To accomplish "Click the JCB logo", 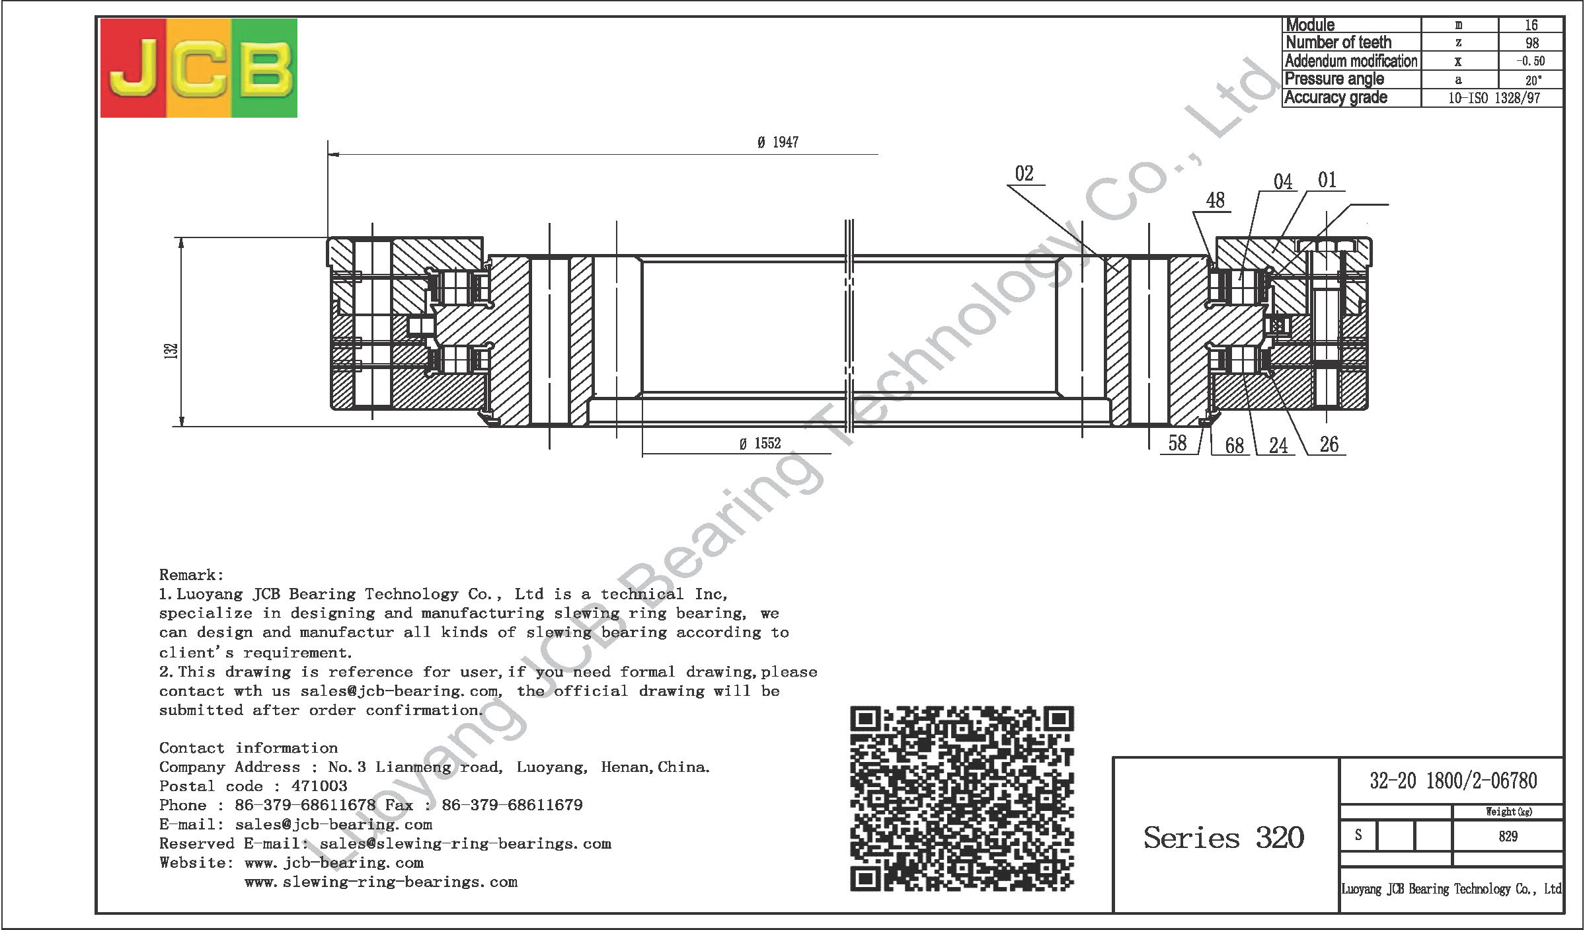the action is pos(198,68).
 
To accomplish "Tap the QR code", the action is pos(962,799).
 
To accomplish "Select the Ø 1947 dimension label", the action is pos(778,142).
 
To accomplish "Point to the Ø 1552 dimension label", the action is pos(760,443).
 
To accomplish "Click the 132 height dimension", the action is pos(171,351).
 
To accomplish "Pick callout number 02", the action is pos(1024,174).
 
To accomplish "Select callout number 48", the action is pos(1215,200).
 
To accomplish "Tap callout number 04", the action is pos(1283,182).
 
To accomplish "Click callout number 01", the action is pos(1327,180).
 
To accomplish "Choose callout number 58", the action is pos(1177,443).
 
